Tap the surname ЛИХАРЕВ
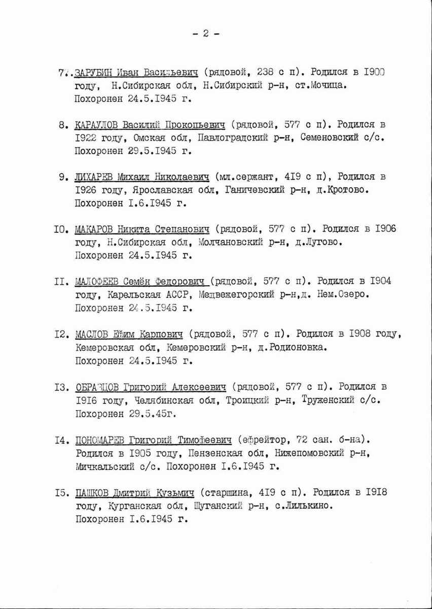coord(94,178)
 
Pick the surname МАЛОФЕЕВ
coord(97,282)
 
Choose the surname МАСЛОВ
coord(92,334)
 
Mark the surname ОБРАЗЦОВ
coord(96,387)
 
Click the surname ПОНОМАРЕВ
coord(100,439)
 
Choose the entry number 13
coord(61,387)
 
